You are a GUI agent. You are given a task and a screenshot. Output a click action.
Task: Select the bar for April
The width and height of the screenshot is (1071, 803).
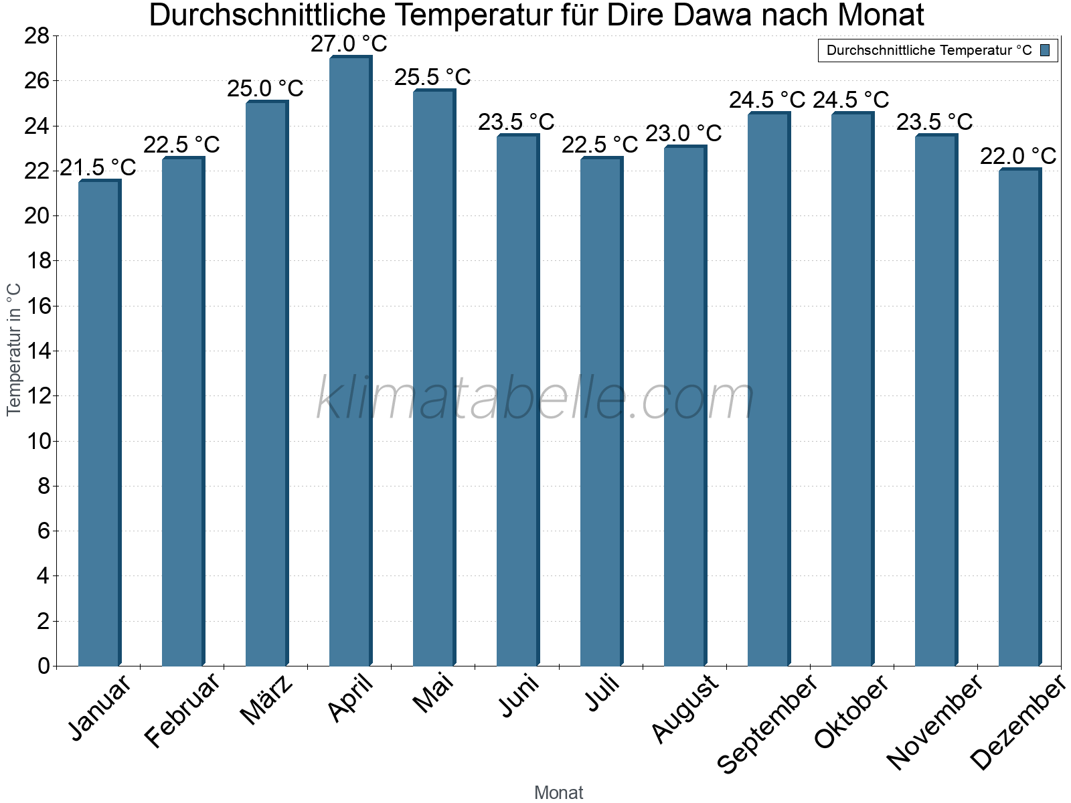pyautogui.click(x=350, y=361)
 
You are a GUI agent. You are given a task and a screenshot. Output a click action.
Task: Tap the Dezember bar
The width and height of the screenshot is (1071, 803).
pyautogui.click(x=1019, y=418)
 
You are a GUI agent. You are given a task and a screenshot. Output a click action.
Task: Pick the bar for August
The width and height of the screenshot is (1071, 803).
pyautogui.click(x=685, y=406)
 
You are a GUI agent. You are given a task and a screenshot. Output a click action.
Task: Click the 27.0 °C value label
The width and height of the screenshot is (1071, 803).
pyautogui.click(x=349, y=43)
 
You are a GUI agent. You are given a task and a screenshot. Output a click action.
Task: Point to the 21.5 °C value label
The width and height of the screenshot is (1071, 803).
pyautogui.click(x=98, y=167)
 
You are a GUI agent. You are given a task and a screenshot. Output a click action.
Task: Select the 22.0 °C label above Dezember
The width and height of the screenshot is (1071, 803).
pyautogui.click(x=1018, y=156)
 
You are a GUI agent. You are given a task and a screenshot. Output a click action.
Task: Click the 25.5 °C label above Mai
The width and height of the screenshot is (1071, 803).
pyautogui.click(x=432, y=77)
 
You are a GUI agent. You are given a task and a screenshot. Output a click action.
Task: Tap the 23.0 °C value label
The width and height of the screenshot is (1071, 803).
pyautogui.click(x=683, y=133)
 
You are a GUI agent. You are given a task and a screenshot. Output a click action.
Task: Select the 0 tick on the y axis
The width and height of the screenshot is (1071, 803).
pyautogui.click(x=44, y=666)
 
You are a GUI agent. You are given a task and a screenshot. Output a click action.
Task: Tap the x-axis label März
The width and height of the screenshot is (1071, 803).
pyautogui.click(x=266, y=700)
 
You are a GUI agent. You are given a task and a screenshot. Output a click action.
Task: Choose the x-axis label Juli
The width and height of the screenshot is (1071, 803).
pyautogui.click(x=602, y=693)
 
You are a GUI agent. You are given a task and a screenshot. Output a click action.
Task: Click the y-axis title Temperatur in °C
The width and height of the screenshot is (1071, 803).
pyautogui.click(x=14, y=349)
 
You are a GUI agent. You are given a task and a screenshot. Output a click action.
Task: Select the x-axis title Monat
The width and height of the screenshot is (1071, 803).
pyautogui.click(x=558, y=792)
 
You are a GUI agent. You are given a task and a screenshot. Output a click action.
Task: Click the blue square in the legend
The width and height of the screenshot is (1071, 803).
pyautogui.click(x=1046, y=50)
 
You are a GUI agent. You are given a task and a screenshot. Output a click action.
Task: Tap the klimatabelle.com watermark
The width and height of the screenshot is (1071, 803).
pyautogui.click(x=535, y=399)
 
